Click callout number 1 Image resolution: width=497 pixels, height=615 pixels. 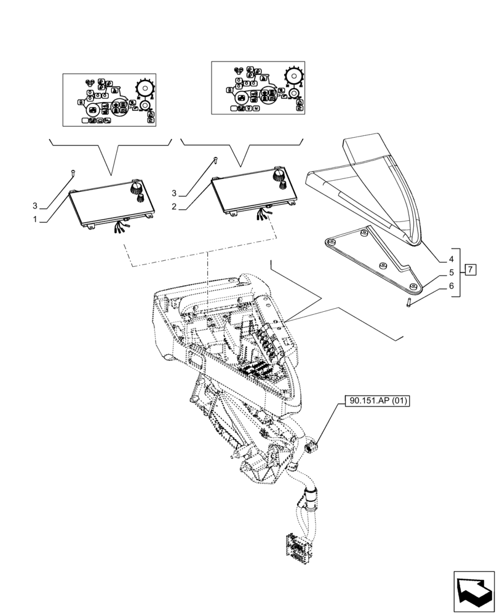pyautogui.click(x=36, y=219)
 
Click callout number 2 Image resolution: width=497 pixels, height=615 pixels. pyautogui.click(x=175, y=207)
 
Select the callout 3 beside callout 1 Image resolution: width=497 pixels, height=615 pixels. pyautogui.click(x=36, y=205)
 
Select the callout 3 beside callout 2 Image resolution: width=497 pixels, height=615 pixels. pyautogui.click(x=175, y=193)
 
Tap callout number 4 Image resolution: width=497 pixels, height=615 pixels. pyautogui.click(x=451, y=259)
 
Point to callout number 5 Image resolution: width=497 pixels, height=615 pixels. pyautogui.click(x=451, y=272)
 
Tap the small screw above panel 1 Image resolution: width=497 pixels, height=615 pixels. pyautogui.click(x=72, y=173)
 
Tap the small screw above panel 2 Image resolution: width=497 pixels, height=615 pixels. pyautogui.click(x=215, y=161)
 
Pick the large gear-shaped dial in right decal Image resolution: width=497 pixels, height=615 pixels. pyautogui.click(x=294, y=76)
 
